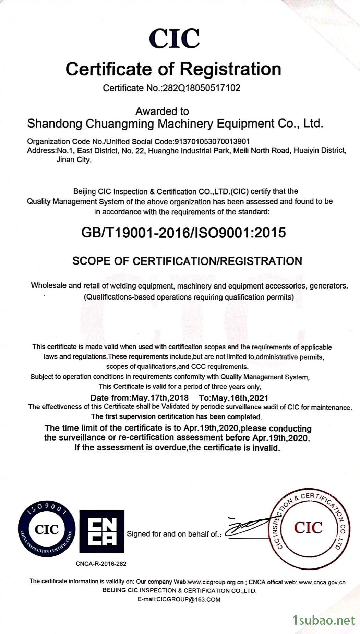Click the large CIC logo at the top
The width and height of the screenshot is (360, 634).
pyautogui.click(x=175, y=38)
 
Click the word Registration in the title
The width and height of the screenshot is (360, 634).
pyautogui.click(x=230, y=69)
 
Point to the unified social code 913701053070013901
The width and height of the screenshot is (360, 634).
pyautogui.click(x=212, y=141)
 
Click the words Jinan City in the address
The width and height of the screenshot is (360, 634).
pyautogui.click(x=74, y=160)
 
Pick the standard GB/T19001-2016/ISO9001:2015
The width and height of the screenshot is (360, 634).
pyautogui.click(x=183, y=233)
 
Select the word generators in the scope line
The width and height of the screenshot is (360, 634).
pyautogui.click(x=328, y=286)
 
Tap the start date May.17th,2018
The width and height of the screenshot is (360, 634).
pyautogui.click(x=160, y=398)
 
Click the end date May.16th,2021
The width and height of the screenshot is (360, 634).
pyautogui.click(x=240, y=398)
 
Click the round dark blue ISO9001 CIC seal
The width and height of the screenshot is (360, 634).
pyautogui.click(x=47, y=529)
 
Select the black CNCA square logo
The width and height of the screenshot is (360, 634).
pyautogui.click(x=102, y=531)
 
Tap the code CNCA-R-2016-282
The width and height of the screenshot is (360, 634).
pyautogui.click(x=101, y=564)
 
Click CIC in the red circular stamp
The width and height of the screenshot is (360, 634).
pyautogui.click(x=308, y=528)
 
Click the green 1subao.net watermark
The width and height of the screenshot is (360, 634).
pyautogui.click(x=324, y=620)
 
